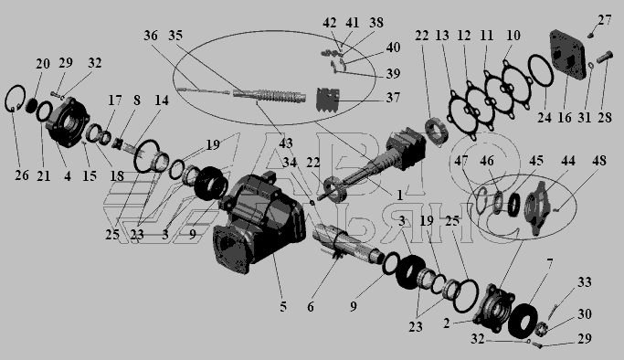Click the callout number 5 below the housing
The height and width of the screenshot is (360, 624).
[x=283, y=307]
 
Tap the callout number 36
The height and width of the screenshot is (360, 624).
[x=151, y=36]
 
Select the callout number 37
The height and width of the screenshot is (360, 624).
[x=393, y=98]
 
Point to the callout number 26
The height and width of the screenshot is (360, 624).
[x=22, y=175]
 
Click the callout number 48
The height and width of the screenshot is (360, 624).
[x=599, y=161]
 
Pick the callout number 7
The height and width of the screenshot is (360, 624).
[x=550, y=264]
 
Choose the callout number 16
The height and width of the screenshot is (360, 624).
[x=565, y=118]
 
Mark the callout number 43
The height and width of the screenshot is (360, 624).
[x=286, y=143]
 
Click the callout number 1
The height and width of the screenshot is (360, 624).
[x=399, y=195]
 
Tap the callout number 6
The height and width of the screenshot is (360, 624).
[x=311, y=307]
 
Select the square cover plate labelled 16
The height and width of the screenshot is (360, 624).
[x=568, y=56]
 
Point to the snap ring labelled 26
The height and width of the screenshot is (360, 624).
[x=16, y=99]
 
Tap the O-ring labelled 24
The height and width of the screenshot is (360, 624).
[x=541, y=70]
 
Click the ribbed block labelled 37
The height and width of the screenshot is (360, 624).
[x=328, y=100]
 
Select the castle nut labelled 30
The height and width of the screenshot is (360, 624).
[x=541, y=329]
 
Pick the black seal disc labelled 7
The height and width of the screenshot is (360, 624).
[x=524, y=318]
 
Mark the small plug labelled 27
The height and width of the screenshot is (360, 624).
[x=590, y=36]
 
